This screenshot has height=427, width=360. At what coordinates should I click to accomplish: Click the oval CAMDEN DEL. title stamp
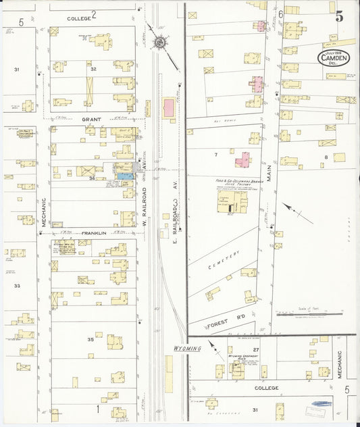(x=334, y=57)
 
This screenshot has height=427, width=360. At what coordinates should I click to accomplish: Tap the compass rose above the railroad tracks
(x=160, y=43)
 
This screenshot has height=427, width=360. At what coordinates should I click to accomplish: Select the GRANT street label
(x=91, y=120)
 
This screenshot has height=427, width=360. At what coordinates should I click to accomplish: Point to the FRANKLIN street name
(x=94, y=233)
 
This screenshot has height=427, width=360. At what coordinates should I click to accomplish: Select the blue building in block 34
(x=124, y=176)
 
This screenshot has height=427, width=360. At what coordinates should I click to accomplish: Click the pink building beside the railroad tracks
(x=168, y=107)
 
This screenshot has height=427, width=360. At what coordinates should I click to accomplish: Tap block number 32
(x=94, y=69)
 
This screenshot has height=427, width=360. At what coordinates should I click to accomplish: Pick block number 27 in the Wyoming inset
(x=255, y=349)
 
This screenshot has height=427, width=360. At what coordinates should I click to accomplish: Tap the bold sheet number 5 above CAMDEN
(x=338, y=18)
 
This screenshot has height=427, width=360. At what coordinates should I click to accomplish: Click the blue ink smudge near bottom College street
(x=320, y=404)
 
